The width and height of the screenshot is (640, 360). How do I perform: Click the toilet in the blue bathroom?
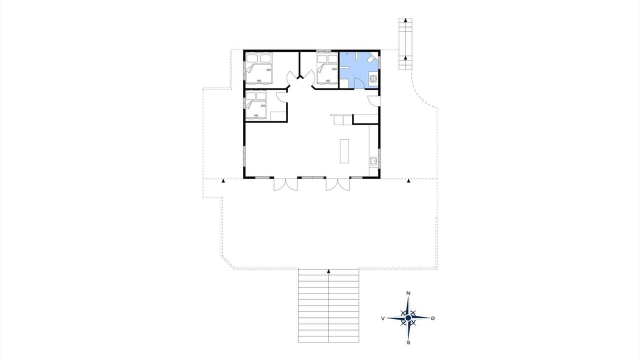click(x=372, y=57)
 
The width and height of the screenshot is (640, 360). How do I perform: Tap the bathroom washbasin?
click(x=373, y=78)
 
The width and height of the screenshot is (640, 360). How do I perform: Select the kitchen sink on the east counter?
click(x=373, y=161)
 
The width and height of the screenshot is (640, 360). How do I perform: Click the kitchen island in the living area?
click(x=344, y=151)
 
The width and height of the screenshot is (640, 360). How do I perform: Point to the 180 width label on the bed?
click(x=259, y=81)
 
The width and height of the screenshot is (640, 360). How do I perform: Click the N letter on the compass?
click(x=408, y=293)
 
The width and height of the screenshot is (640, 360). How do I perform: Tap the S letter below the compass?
click(x=408, y=342)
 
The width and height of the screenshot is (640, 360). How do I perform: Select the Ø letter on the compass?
click(x=433, y=318)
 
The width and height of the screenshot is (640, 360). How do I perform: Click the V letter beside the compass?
click(x=383, y=318)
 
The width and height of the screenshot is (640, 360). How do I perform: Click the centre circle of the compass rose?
click(x=408, y=318)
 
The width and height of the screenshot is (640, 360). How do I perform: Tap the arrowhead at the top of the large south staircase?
click(x=328, y=271)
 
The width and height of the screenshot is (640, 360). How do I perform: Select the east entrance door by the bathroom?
click(x=374, y=101)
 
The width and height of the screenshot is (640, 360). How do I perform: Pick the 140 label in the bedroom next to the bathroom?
click(x=327, y=81)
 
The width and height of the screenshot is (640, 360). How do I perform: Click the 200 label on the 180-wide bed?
click(x=268, y=70)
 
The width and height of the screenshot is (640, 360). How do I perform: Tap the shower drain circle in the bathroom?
click(x=347, y=53)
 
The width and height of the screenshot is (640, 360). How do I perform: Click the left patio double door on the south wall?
click(x=285, y=184)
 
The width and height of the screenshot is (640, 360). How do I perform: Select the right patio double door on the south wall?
click(x=337, y=184)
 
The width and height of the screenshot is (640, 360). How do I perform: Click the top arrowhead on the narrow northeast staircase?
click(x=405, y=20)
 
